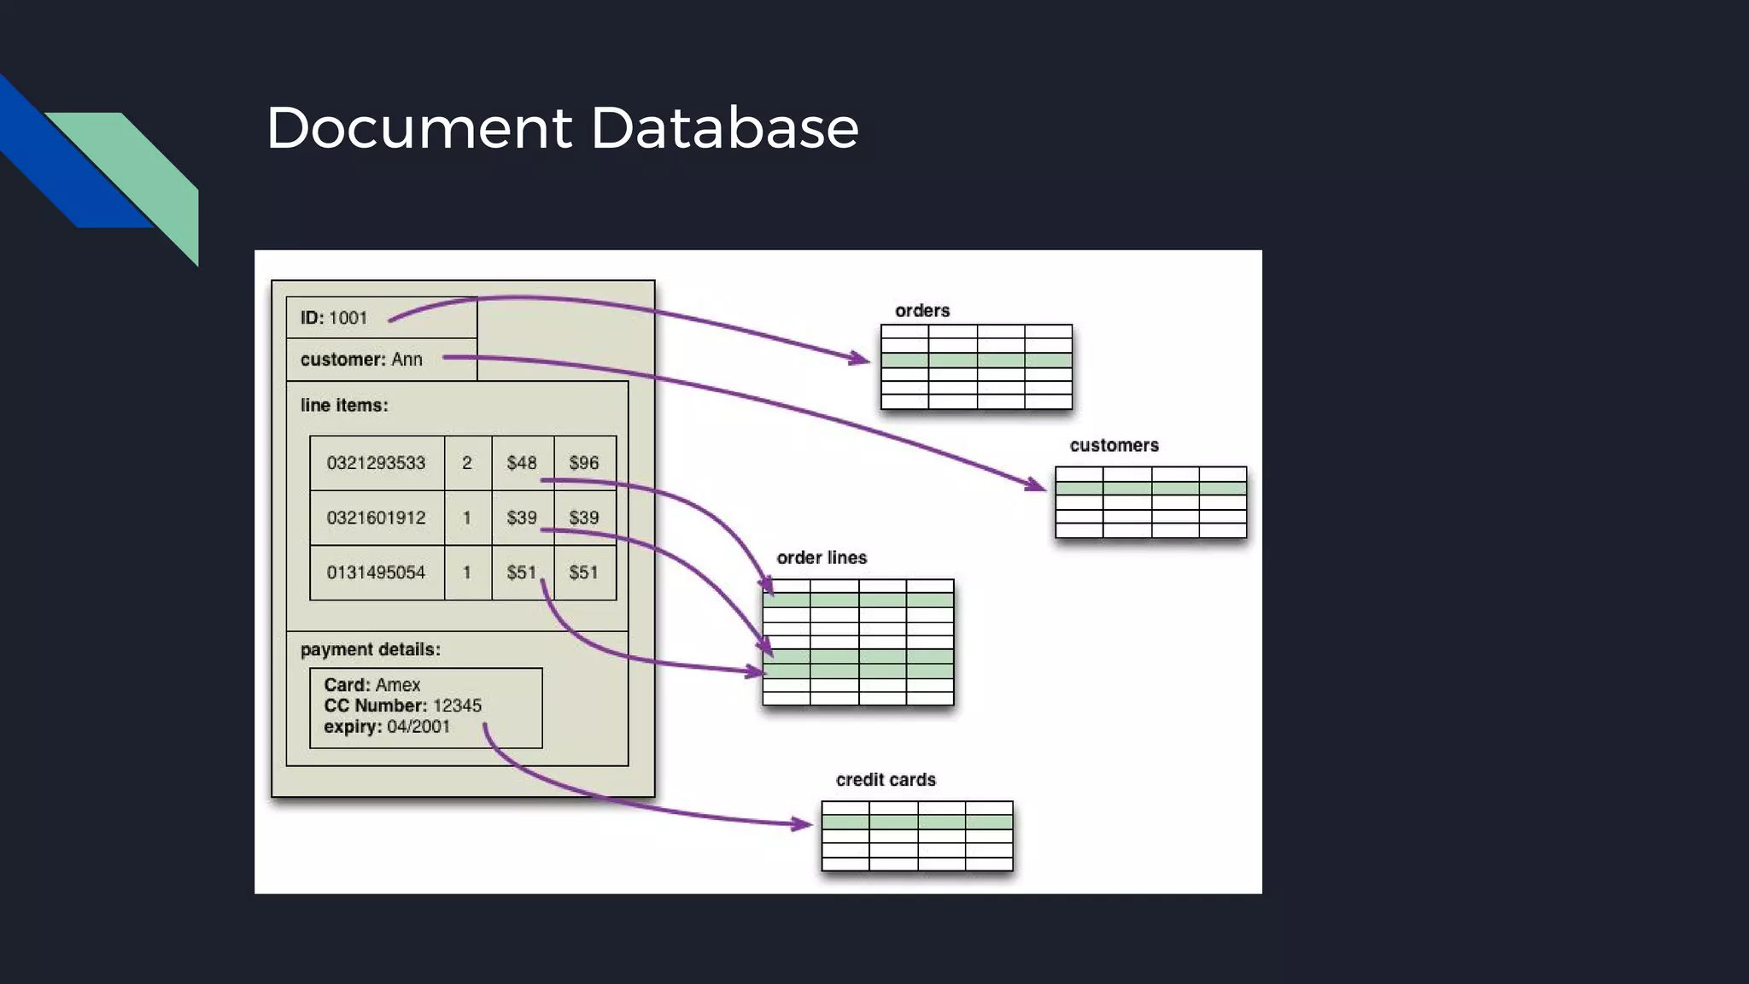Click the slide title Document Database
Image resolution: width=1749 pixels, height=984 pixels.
[562, 128]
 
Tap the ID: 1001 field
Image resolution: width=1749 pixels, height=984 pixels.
[334, 318]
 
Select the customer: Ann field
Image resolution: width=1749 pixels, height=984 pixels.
[361, 360]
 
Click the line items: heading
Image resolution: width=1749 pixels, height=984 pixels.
[344, 406]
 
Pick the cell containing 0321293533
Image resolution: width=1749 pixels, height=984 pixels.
[376, 463]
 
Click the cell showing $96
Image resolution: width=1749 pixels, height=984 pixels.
[584, 463]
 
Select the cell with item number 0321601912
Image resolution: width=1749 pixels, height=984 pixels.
[376, 518]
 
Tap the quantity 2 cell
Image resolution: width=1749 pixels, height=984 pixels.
[467, 463]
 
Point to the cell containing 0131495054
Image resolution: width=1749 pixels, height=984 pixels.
[376, 572]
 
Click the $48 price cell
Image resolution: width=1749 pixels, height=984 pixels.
[521, 463]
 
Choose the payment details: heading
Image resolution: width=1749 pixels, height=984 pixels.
[371, 650]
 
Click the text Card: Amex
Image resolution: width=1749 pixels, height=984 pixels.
[372, 685]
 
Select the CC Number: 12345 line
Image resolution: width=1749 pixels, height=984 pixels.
[402, 706]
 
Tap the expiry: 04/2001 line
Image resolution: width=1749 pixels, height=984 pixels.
[387, 727]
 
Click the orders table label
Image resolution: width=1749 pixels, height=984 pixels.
[922, 311]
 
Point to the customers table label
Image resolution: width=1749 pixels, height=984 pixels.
[1114, 446]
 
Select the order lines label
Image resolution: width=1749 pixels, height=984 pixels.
[822, 558]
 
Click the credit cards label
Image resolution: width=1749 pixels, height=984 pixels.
[886, 780]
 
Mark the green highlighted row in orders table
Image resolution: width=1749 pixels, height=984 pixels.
[976, 360]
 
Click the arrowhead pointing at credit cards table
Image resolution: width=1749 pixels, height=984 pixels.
[803, 824]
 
